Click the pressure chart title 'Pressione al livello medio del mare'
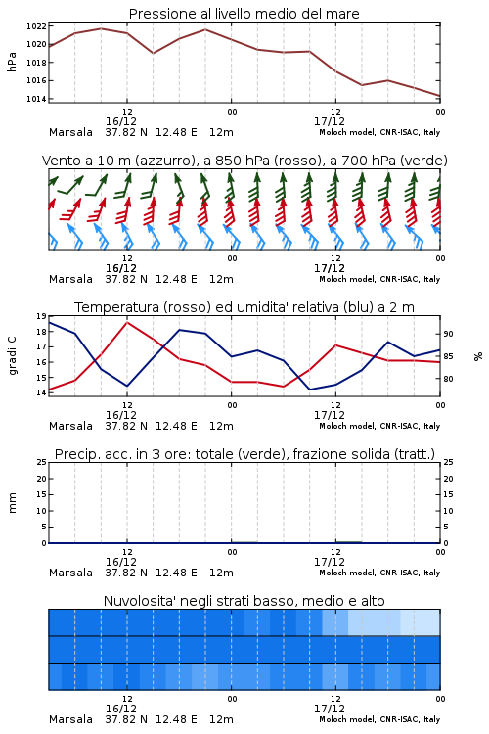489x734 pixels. (244, 14)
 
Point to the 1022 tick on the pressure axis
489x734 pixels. (36, 26)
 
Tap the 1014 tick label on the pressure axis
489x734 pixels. (36, 99)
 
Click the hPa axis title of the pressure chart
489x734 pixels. (12, 63)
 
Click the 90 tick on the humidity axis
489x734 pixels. (448, 334)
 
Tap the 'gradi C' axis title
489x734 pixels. (12, 356)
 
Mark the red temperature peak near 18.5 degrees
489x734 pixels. (127, 322)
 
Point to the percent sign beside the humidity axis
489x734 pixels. (478, 356)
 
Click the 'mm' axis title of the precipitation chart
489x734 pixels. (12, 502)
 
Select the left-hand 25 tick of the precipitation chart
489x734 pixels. (42, 462)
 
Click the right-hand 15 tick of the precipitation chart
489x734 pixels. (448, 494)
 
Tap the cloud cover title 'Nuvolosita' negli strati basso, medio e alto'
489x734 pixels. (244, 601)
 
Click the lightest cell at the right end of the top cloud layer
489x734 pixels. (427, 622)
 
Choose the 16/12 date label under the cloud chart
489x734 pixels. (121, 709)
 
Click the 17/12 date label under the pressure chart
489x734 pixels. (330, 121)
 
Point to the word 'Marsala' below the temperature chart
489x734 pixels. (70, 426)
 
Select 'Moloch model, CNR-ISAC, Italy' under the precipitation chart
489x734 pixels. (379, 573)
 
